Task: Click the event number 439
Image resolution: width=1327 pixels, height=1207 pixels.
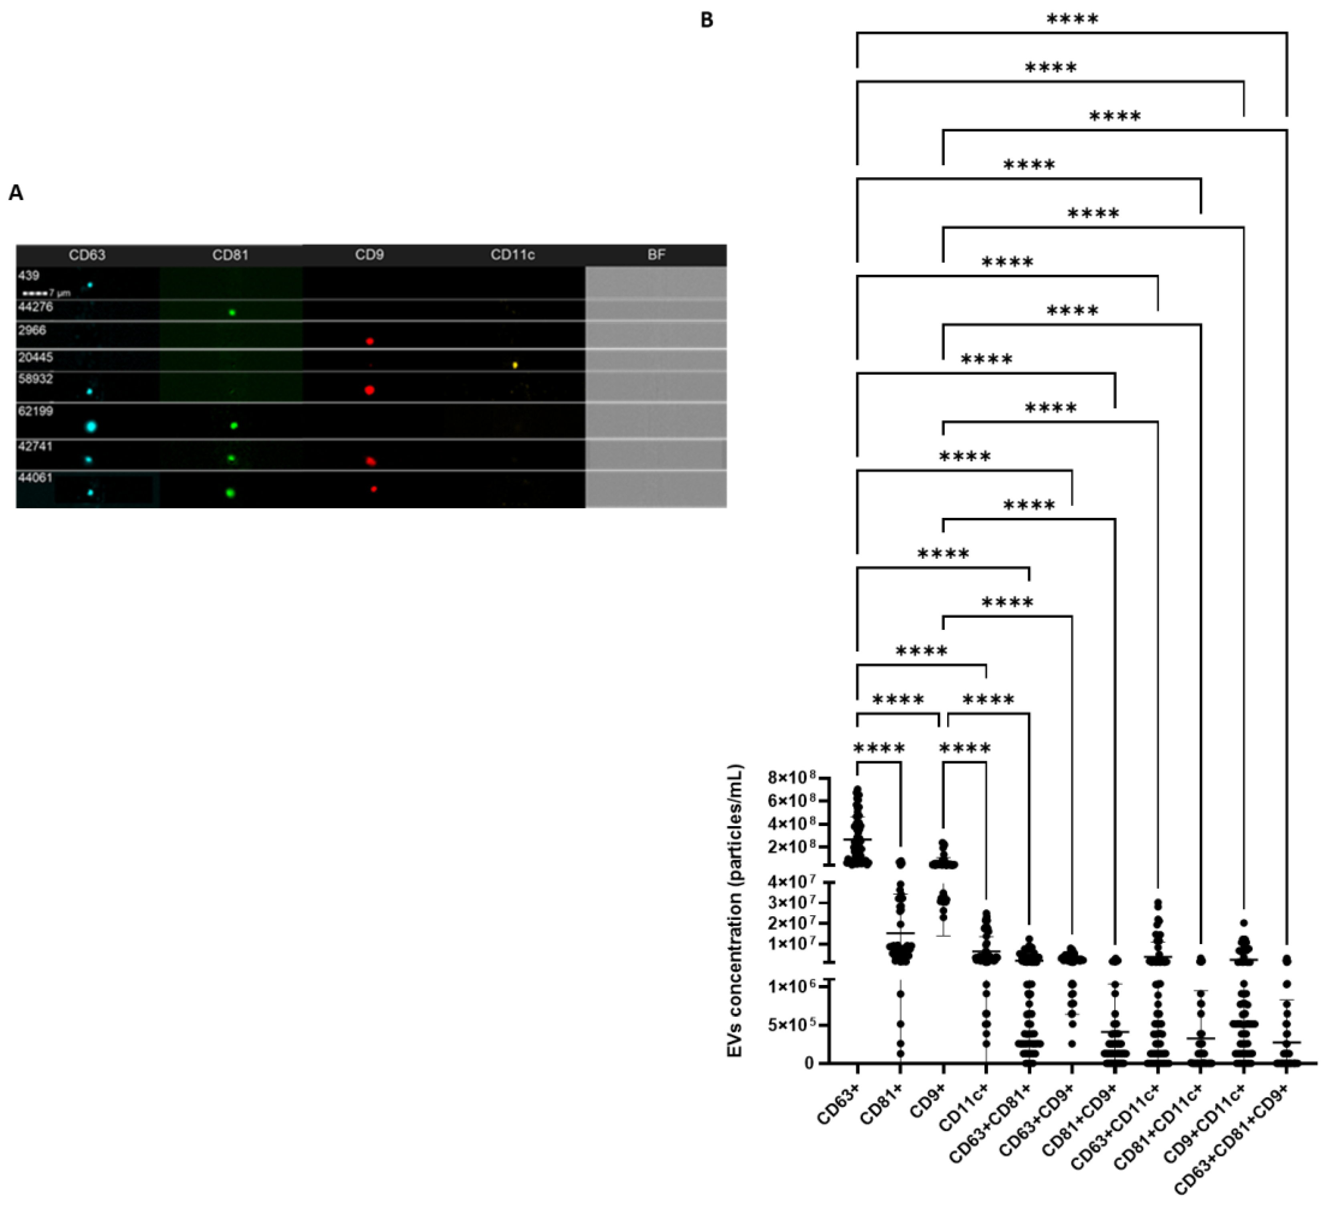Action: coord(29,275)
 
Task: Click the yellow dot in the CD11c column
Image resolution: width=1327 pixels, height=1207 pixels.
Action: coord(515,365)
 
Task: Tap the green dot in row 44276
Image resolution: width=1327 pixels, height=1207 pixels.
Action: coord(232,312)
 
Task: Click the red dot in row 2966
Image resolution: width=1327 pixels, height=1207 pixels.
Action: coord(370,341)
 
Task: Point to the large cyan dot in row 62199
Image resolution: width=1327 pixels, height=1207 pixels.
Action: coord(91,426)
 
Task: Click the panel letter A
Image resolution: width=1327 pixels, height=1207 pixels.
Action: coord(16,193)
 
